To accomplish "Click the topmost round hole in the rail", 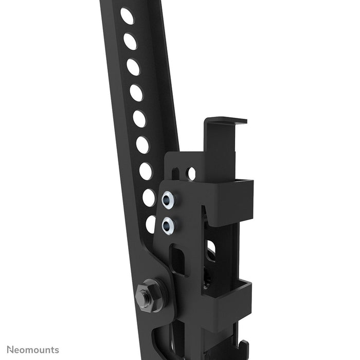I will (127, 16).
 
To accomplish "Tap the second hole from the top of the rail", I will (130, 41).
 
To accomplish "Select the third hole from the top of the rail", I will (133, 67).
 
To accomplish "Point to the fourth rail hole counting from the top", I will (136, 93).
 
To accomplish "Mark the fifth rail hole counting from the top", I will (139, 119).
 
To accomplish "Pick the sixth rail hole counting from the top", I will (142, 145).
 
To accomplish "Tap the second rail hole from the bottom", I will (149, 197).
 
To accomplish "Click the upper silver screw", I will (168, 200).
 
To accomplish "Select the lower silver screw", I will (168, 224).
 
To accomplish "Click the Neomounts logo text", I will (31, 350).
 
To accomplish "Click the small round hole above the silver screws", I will (191, 173).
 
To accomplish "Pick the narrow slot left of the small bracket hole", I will (175, 172).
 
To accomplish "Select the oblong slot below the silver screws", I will (177, 260).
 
